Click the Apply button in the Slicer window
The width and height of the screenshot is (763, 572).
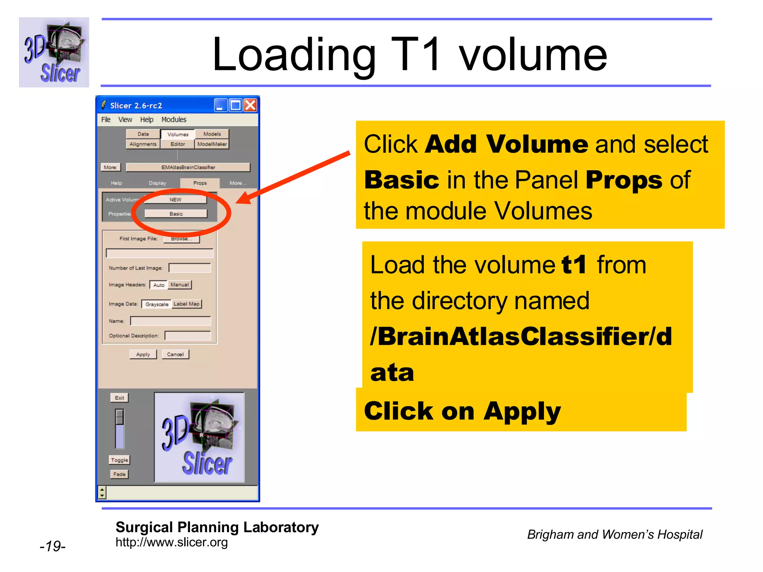click(143, 354)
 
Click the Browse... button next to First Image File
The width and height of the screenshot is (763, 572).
click(181, 239)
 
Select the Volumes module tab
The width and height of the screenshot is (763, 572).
click(178, 134)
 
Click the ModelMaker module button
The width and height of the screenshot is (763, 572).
click(212, 144)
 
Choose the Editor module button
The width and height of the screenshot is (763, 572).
click(178, 144)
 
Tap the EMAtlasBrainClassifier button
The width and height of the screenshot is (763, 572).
click(188, 167)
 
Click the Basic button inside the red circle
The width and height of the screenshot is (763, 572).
click(176, 214)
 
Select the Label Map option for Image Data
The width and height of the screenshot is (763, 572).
click(187, 304)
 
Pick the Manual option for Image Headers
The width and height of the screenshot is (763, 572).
click(180, 285)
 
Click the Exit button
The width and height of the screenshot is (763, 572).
click(120, 398)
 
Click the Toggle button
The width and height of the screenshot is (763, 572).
click(120, 460)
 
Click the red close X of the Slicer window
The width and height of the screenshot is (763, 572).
click(250, 105)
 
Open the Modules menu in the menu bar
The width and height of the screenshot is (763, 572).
click(174, 120)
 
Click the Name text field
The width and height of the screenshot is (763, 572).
click(170, 321)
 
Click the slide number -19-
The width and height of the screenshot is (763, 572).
click(53, 546)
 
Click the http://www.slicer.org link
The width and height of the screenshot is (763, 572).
click(171, 542)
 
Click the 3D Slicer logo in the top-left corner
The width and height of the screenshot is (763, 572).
click(54, 53)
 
